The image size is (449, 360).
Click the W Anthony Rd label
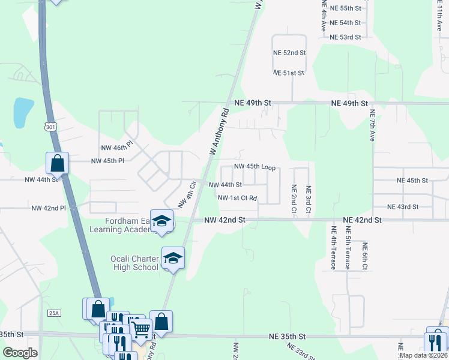coord(220,132)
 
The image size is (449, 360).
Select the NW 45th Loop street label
coord(255,167)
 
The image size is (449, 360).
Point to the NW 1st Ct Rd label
coord(237,198)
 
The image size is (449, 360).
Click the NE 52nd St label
coord(290,53)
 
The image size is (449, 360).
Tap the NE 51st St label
coord(289,73)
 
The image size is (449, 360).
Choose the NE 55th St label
coord(345,8)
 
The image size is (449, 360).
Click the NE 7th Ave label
coord(372,125)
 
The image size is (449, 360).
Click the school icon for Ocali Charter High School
coord(172,258)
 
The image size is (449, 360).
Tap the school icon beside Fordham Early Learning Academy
coord(161,221)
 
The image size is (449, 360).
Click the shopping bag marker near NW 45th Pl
coord(58,163)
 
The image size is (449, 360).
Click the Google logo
coord(20,353)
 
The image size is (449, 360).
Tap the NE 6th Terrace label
coord(364,256)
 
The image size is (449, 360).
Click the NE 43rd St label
coord(403,207)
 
